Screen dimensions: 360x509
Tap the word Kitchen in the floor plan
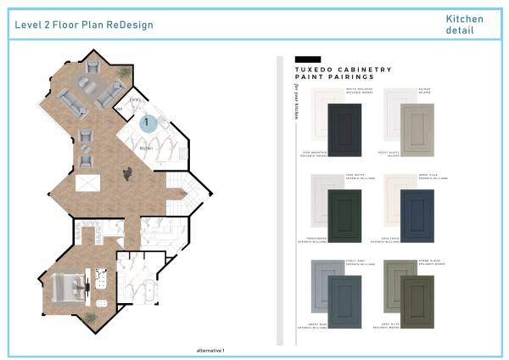145,148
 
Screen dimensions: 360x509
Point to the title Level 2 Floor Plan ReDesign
84,25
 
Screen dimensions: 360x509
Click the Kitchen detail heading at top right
465,25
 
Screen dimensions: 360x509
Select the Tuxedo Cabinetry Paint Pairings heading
343,73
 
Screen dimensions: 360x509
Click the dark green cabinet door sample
344,215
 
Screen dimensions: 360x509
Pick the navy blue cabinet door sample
417,215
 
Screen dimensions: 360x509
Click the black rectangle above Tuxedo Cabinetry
306,59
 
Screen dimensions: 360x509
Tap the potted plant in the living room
125,73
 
